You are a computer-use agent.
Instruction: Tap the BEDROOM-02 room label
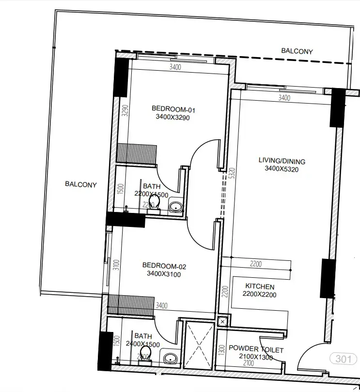[x=164, y=266]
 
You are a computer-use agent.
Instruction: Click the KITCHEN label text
[x=260, y=286]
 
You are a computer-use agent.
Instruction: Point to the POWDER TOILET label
[x=256, y=349]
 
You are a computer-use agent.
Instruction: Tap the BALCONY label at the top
[x=297, y=51]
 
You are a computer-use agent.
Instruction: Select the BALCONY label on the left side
[x=81, y=184]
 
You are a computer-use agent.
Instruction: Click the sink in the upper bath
[x=175, y=208]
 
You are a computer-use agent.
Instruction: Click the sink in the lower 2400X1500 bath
[x=170, y=359]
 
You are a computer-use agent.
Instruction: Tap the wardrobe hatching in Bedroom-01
[x=137, y=152]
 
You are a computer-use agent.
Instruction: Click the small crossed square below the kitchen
[x=222, y=321]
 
